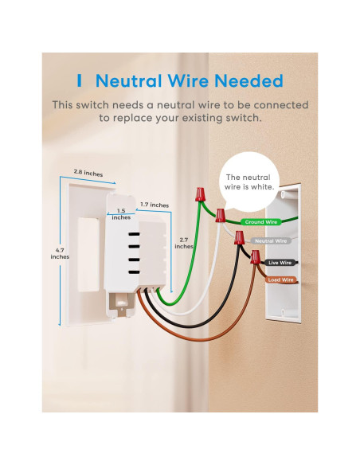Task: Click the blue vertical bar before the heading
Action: pos(80,81)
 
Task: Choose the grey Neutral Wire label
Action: pos(270,240)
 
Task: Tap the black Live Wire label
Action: pos(280,261)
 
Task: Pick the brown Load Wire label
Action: pos(280,279)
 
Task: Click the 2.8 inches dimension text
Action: pos(88,172)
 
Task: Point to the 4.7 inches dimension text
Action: pos(60,252)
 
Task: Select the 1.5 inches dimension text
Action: pos(122,214)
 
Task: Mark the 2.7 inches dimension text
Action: pos(184,243)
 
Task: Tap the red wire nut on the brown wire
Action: pos(255,257)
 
